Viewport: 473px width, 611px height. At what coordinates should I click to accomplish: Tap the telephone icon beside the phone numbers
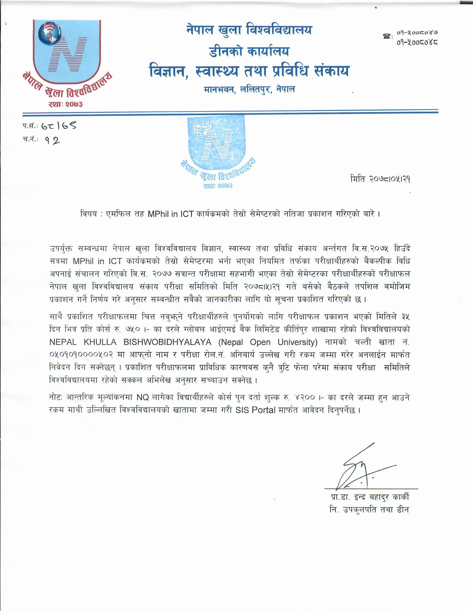(x=387, y=36)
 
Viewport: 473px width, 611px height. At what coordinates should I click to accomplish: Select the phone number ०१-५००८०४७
(x=417, y=32)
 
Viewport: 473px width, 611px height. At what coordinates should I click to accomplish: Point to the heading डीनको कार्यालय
(x=249, y=51)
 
